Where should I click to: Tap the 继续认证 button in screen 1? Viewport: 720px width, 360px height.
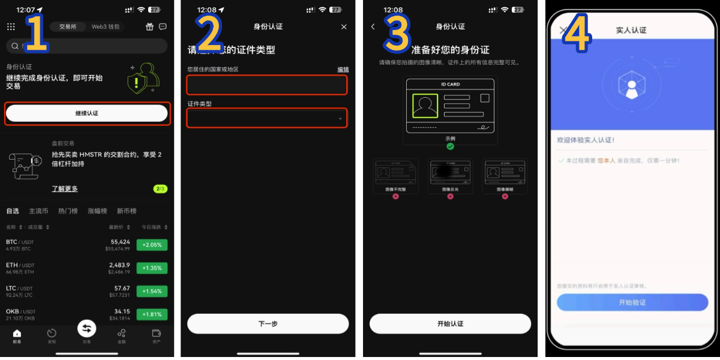[x=86, y=113]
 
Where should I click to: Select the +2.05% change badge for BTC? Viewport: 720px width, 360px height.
[x=152, y=245]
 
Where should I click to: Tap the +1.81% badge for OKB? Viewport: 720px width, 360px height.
[x=152, y=314]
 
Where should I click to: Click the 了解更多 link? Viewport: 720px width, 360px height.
[x=65, y=189]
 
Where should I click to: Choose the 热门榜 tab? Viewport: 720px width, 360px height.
[x=68, y=211]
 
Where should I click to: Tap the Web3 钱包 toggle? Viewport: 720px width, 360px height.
[x=106, y=27]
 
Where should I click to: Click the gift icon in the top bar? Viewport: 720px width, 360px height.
[x=149, y=27]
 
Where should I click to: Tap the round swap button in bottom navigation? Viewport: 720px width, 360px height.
[x=86, y=328]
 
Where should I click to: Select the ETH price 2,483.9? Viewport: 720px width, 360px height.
[x=119, y=265]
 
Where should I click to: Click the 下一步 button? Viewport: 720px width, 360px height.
[x=268, y=324]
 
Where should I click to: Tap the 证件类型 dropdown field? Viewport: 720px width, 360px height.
[x=267, y=118]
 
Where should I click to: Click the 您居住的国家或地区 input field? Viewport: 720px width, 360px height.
[x=267, y=85]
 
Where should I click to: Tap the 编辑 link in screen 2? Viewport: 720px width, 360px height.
[x=343, y=70]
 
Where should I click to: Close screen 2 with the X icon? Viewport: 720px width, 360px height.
[x=344, y=27]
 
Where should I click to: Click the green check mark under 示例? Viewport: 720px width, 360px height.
[x=450, y=146]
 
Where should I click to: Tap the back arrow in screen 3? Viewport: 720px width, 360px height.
[x=373, y=27]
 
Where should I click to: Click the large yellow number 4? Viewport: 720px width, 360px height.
[x=577, y=35]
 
